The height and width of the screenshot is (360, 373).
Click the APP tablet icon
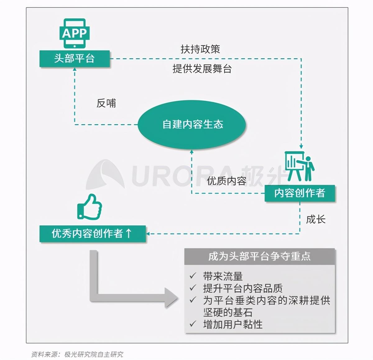[75, 34]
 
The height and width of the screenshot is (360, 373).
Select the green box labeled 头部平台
[75, 59]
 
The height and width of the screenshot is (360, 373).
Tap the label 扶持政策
[200, 49]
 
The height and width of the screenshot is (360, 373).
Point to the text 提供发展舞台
[202, 69]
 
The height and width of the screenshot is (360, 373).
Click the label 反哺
[106, 103]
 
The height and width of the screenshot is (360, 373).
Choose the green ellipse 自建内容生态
[192, 124]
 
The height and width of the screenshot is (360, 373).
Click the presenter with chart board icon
[299, 166]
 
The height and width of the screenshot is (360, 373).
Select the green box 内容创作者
[300, 193]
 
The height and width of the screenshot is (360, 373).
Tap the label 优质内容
[227, 181]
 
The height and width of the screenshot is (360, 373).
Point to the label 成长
[316, 219]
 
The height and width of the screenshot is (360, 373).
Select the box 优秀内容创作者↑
[93, 234]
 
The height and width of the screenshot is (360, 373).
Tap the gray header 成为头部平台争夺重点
[260, 256]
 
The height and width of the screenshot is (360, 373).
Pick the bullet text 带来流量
[223, 276]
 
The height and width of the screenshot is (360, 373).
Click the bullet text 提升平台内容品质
[243, 288]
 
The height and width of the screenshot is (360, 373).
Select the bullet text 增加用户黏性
[233, 325]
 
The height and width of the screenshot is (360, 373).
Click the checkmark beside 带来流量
[193, 276]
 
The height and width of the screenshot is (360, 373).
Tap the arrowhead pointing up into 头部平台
[75, 69]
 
